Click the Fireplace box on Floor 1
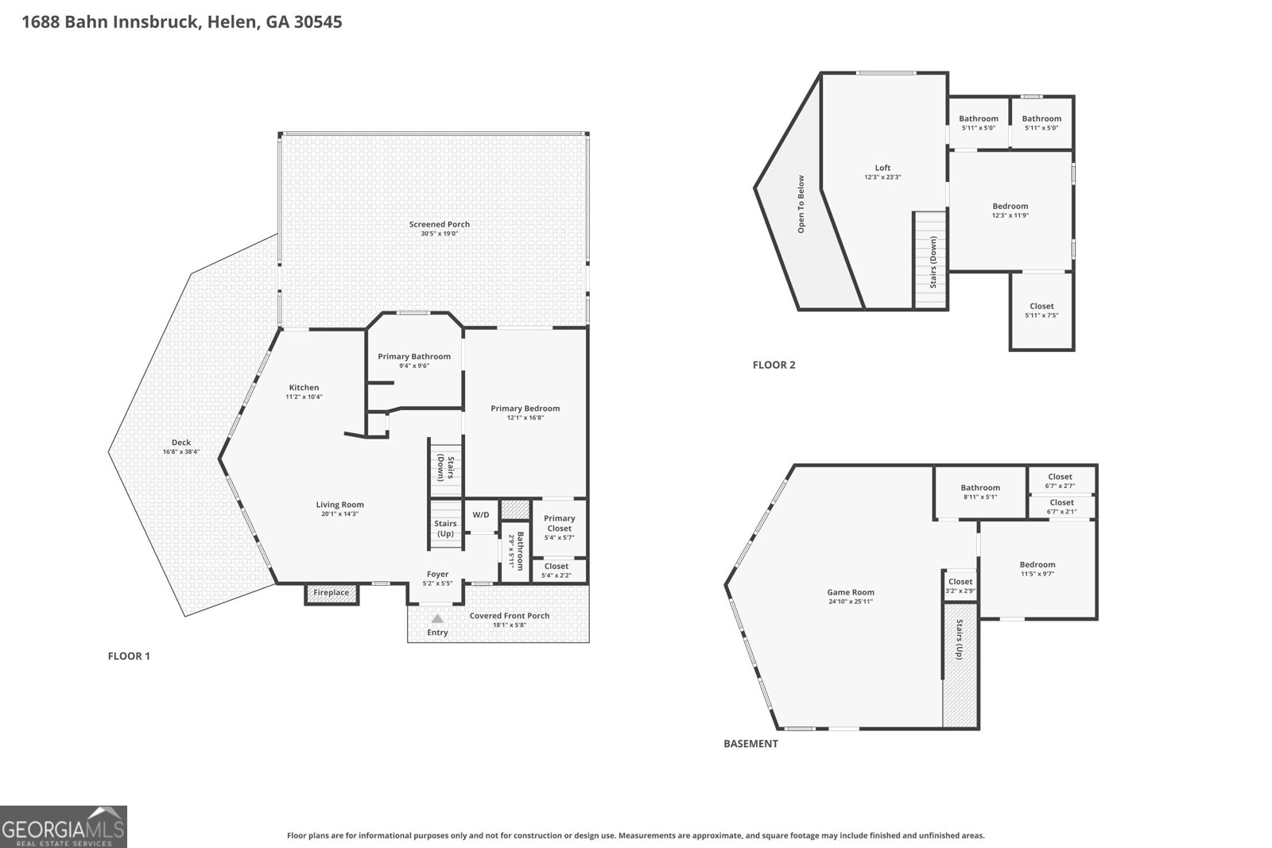[332, 593]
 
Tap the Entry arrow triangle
[437, 618]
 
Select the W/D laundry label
[481, 515]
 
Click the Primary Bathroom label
[414, 357]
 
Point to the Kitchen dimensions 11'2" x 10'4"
[304, 397]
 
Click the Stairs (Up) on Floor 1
[446, 525]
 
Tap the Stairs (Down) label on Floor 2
[933, 262]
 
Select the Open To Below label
[801, 204]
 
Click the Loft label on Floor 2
[882, 168]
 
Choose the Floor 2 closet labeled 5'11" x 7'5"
[1041, 311]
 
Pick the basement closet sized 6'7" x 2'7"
[1061, 480]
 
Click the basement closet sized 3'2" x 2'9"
[960, 586]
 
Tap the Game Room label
[851, 592]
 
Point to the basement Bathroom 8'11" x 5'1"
[981, 491]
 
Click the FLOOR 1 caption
[129, 656]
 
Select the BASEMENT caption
[750, 744]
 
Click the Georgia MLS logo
[63, 827]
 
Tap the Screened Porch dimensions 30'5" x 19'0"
[440, 234]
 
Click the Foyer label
[438, 574]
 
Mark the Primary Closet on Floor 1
[560, 527]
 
